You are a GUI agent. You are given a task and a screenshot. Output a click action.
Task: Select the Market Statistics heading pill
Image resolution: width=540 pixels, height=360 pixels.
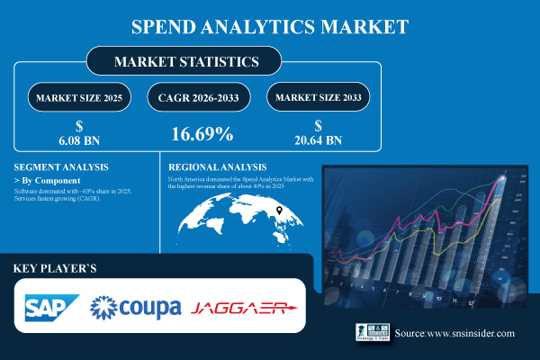pos(184,61)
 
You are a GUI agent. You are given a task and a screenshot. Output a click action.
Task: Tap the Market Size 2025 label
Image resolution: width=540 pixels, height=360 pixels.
pos(80,97)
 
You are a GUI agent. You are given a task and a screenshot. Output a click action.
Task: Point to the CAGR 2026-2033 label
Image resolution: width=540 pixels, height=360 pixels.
pos(202,97)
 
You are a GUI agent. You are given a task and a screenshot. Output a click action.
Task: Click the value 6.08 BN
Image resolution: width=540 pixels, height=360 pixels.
pos(81,140)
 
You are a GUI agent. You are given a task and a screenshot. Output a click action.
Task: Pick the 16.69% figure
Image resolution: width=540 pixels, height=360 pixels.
pos(202,135)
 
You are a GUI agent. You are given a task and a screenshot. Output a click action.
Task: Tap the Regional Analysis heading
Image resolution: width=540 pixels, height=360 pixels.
pos(218,167)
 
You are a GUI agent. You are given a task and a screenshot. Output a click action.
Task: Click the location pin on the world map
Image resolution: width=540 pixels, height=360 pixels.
pos(280,211)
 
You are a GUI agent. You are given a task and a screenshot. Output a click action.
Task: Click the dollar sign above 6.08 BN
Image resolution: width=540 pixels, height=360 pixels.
pos(81,125)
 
